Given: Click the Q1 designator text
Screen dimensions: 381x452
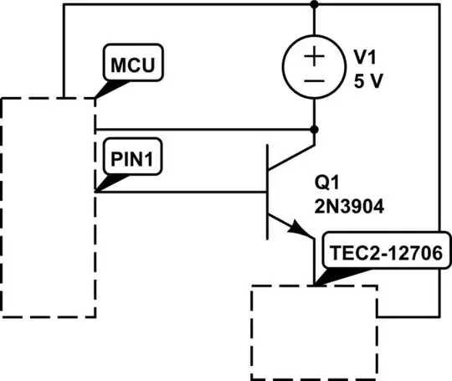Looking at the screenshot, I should pyautogui.click(x=326, y=182).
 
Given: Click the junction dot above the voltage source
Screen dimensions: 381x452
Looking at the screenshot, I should pyautogui.click(x=315, y=4).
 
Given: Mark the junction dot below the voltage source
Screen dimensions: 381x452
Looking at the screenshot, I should pyautogui.click(x=315, y=130).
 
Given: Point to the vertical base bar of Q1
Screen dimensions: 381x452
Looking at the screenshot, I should pyautogui.click(x=267, y=192).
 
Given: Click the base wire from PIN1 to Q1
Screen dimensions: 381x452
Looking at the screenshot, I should pyautogui.click(x=180, y=192).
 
